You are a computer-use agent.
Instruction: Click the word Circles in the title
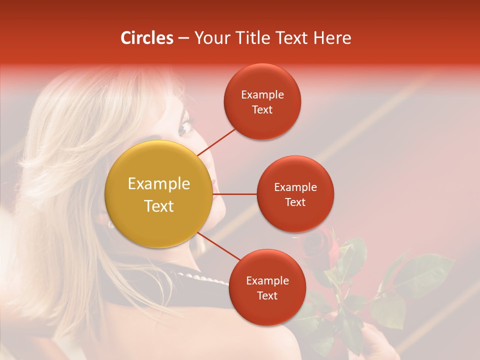pyautogui.click(x=146, y=38)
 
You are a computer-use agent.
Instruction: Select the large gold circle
pyautogui.click(x=159, y=194)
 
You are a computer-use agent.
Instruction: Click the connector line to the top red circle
pyautogui.click(x=216, y=141)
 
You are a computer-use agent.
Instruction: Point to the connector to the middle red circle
pyautogui.click(x=234, y=194)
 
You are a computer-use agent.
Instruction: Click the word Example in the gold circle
pyautogui.click(x=159, y=184)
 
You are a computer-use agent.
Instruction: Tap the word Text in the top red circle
pyautogui.click(x=262, y=110)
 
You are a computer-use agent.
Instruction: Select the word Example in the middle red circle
pyautogui.click(x=295, y=187)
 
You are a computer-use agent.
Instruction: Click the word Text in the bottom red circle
pyautogui.click(x=267, y=296)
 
